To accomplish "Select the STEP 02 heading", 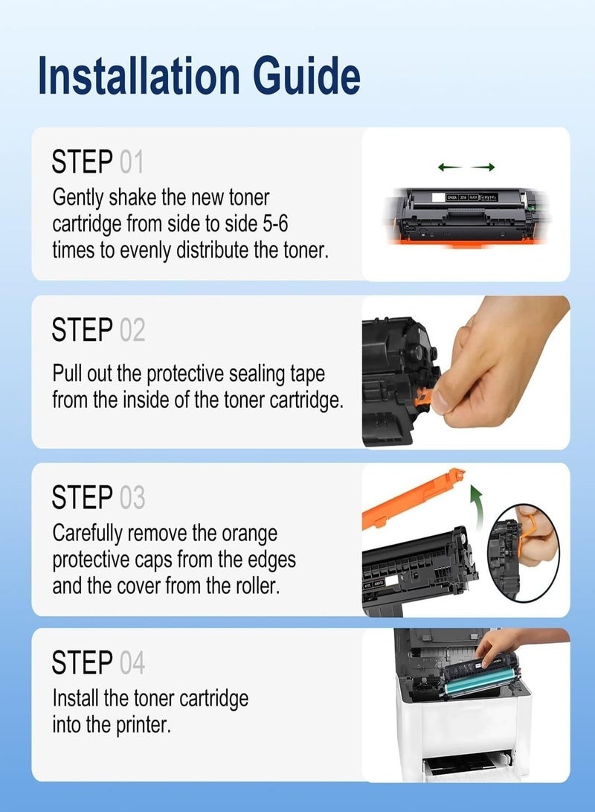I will [x=98, y=330].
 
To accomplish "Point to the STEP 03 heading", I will [x=98, y=497].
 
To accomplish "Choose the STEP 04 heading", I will [x=98, y=662].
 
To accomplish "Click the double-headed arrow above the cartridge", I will [x=466, y=167].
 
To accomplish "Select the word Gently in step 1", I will [x=78, y=198].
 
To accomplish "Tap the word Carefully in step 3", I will [x=88, y=533].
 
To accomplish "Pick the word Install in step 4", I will [x=76, y=698].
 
